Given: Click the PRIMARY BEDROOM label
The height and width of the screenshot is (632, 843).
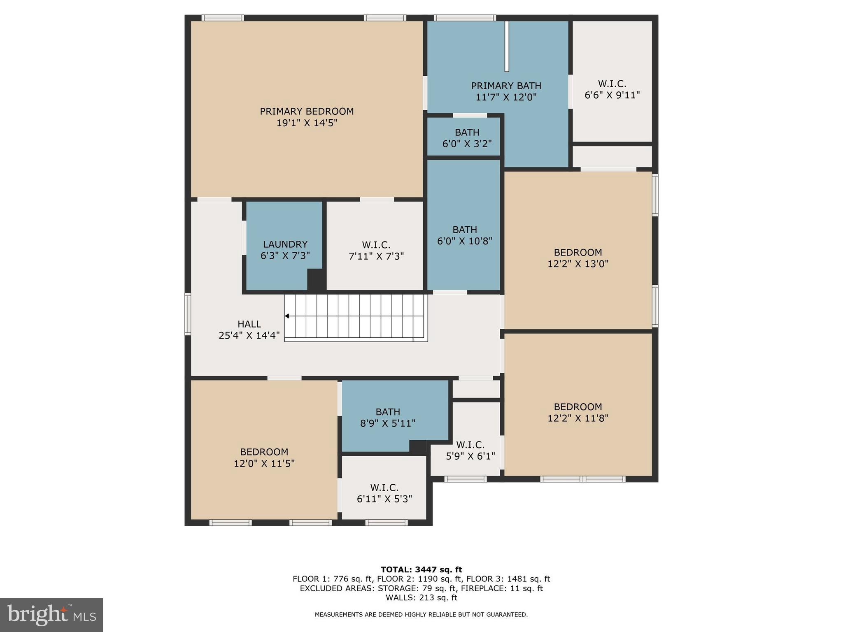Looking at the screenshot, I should pyautogui.click(x=307, y=111).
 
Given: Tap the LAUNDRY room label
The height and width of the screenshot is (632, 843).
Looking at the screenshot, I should pyautogui.click(x=285, y=244).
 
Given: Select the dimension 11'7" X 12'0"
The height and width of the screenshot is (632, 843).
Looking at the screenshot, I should pyautogui.click(x=506, y=98).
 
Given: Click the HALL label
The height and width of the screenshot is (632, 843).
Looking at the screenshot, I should pyautogui.click(x=249, y=324).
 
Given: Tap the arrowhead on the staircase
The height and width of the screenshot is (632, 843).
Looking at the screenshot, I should pyautogui.click(x=287, y=316).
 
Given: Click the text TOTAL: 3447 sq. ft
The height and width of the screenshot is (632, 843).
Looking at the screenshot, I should pyautogui.click(x=421, y=569).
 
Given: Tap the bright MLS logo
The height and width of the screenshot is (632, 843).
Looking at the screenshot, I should pyautogui.click(x=51, y=615).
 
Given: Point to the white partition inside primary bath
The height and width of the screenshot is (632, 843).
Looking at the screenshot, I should pyautogui.click(x=507, y=46).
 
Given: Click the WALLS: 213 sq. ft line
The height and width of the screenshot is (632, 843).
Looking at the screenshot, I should pyautogui.click(x=421, y=597).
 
